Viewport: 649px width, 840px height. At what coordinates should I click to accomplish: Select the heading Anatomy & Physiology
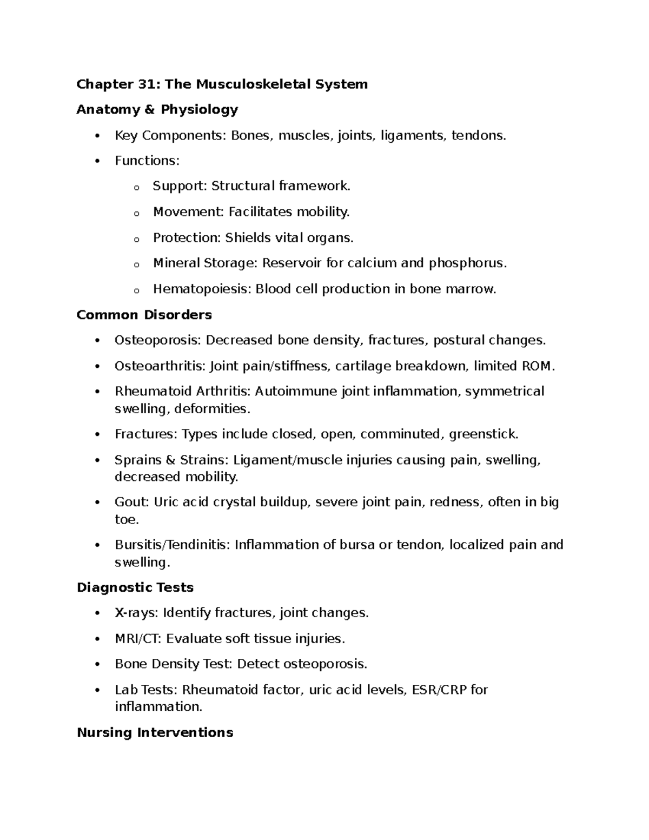157,109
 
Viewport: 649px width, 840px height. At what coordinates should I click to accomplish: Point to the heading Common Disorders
144,315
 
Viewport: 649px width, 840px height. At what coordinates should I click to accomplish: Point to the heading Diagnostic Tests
135,587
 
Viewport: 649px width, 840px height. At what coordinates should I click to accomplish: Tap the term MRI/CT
137,639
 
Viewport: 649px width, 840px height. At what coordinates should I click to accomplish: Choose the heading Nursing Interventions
155,732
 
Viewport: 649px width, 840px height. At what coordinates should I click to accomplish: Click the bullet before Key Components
97,136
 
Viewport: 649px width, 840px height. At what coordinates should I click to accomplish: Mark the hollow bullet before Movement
136,213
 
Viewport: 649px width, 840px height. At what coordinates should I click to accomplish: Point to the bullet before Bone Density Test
97,664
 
